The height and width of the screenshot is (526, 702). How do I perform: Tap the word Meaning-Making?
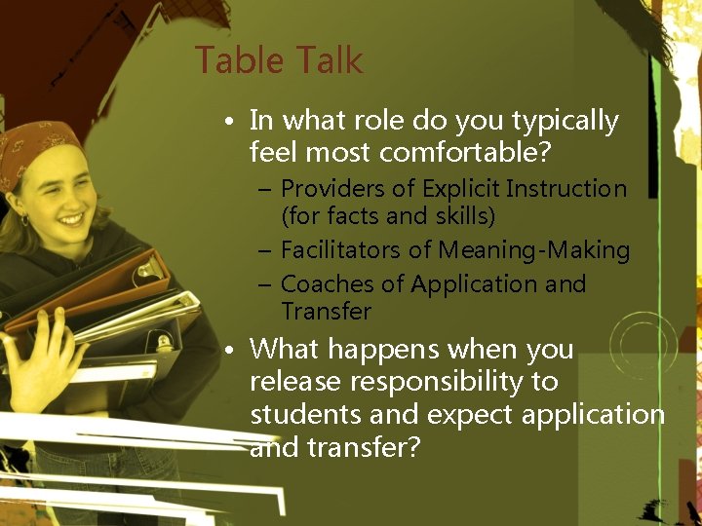[533, 250]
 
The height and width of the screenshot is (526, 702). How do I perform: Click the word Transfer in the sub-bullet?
[326, 312]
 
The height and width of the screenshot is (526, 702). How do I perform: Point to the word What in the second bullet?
[282, 349]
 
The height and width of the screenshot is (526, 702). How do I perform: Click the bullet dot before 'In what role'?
[226, 123]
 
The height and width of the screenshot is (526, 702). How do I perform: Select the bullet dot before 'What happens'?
[226, 350]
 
